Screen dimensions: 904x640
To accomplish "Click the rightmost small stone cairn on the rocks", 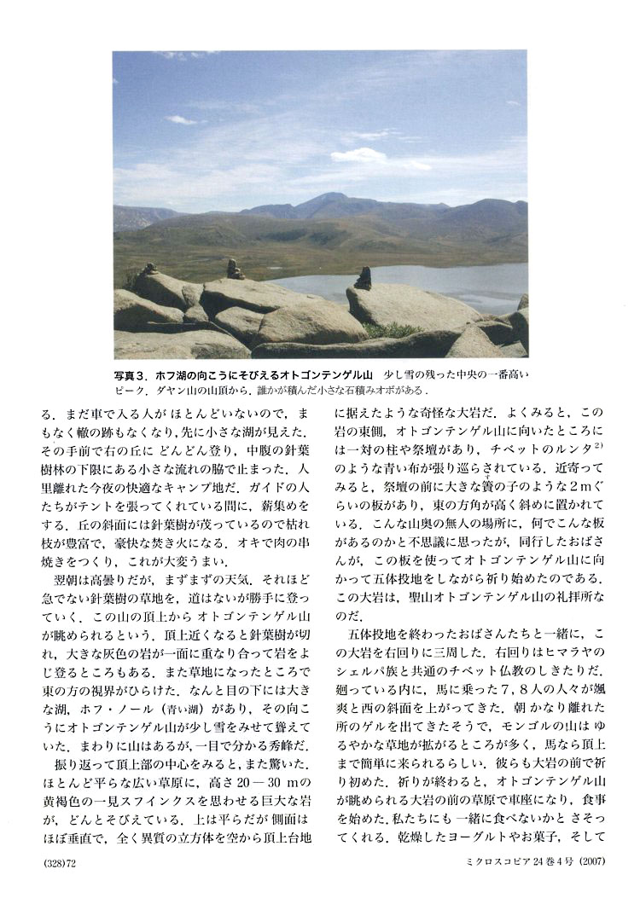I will [364, 278].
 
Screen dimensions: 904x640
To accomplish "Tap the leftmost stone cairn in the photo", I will [151, 269].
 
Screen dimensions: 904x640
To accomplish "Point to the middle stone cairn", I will [234, 270].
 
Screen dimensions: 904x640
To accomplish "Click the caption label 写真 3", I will [133, 374].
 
